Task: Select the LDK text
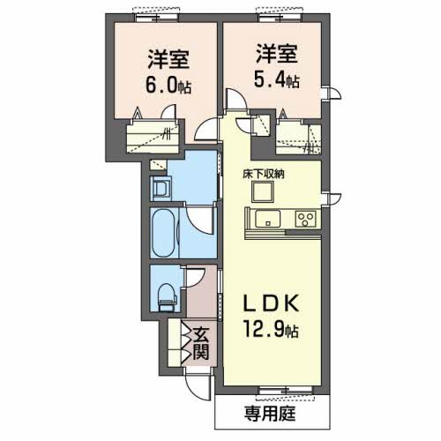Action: click(x=273, y=304)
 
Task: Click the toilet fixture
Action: click(x=165, y=296)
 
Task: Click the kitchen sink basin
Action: click(x=265, y=218)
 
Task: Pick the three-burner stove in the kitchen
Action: click(x=306, y=219)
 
